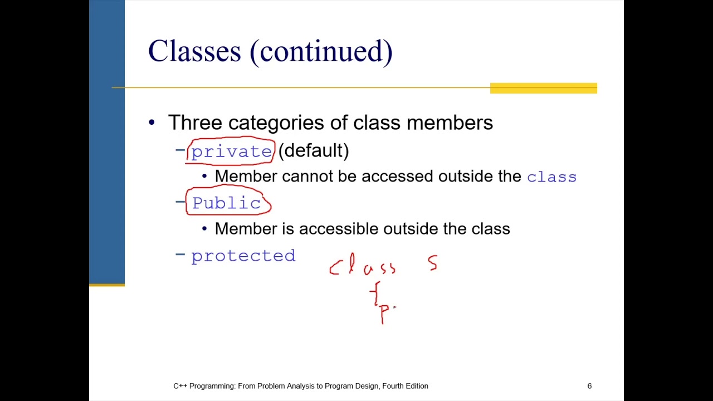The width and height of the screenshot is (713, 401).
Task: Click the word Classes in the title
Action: tap(194, 51)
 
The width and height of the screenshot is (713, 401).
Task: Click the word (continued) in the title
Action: tap(321, 52)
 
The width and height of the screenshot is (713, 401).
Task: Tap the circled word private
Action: tap(231, 151)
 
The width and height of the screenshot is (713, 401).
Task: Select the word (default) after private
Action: tap(314, 150)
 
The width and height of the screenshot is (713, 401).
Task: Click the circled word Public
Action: tap(226, 203)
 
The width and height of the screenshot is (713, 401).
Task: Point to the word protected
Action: tap(243, 256)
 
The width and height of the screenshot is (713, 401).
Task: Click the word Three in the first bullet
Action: tap(195, 123)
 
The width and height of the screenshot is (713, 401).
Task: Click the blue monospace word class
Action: tap(551, 177)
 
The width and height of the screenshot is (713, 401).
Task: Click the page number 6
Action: tap(589, 386)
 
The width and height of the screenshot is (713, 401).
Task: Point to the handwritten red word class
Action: tap(362, 266)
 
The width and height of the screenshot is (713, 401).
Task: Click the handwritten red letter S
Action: tap(433, 263)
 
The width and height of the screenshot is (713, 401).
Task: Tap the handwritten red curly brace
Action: tap(376, 293)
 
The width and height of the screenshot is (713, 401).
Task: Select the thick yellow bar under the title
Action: tap(543, 88)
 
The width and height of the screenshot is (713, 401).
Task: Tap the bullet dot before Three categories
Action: tap(152, 123)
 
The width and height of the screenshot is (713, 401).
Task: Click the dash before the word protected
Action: tap(180, 255)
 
